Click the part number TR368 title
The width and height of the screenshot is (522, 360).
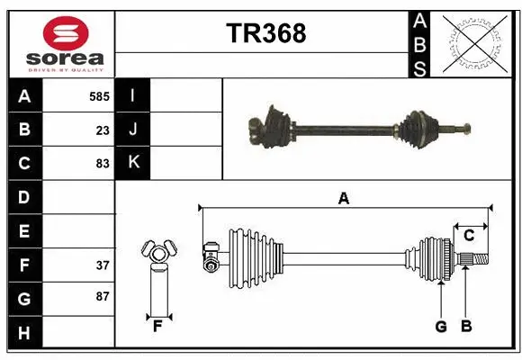(265, 33)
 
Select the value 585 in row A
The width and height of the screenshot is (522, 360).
(99, 96)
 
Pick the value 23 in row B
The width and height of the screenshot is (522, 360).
(103, 130)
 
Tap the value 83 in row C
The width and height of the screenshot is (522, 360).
(102, 164)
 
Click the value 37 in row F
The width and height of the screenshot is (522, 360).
(102, 265)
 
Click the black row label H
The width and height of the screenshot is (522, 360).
(24, 333)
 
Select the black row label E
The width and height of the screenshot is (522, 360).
(24, 231)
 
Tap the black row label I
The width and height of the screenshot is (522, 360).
(133, 96)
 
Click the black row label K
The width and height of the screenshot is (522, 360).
(133, 164)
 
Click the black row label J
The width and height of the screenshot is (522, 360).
(133, 130)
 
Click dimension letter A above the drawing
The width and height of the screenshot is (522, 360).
(343, 198)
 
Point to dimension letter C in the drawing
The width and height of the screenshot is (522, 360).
(469, 235)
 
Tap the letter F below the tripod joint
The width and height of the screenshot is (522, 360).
(157, 327)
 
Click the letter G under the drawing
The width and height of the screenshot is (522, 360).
(441, 327)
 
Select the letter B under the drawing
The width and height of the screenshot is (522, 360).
(465, 327)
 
